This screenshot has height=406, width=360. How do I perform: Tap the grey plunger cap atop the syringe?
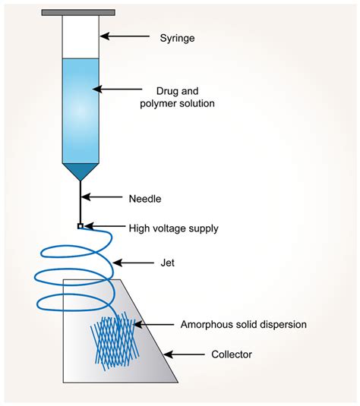[x=79, y=13]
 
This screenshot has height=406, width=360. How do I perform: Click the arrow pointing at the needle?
[x=106, y=200]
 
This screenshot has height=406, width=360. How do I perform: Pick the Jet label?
[x=166, y=263]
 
